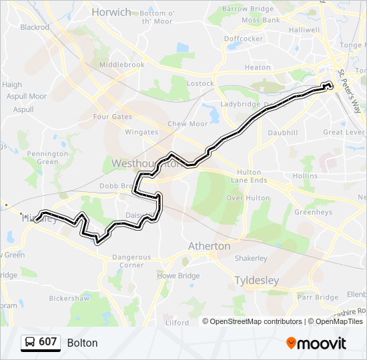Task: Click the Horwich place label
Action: tap(111, 12)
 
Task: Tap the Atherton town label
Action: tap(210, 246)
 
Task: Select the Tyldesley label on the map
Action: tap(257, 281)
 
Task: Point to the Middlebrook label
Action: tap(121, 65)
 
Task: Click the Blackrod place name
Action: tap(35, 27)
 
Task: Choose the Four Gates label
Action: tap(113, 117)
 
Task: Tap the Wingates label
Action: tap(142, 132)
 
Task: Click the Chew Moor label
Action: tap(188, 124)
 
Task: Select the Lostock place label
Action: tap(200, 83)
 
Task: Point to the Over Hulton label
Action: tap(248, 198)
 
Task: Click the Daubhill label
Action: tap(283, 133)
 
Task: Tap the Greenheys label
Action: tap(314, 213)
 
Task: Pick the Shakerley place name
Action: tap(251, 259)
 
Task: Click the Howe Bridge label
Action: tap(178, 275)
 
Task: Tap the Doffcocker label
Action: tap(244, 39)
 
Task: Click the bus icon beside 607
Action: tap(30, 343)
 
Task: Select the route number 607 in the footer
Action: tap(47, 343)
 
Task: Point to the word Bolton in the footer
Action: tap(82, 343)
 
